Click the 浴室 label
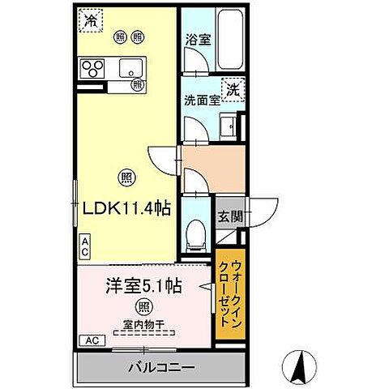(199, 38)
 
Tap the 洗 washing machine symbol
(233, 89)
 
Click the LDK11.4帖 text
(126, 208)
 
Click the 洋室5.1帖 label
(143, 285)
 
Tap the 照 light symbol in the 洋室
(143, 306)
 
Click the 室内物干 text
(143, 325)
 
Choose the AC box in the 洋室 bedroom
(92, 340)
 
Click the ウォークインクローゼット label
(231, 290)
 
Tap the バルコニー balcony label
(160, 368)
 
